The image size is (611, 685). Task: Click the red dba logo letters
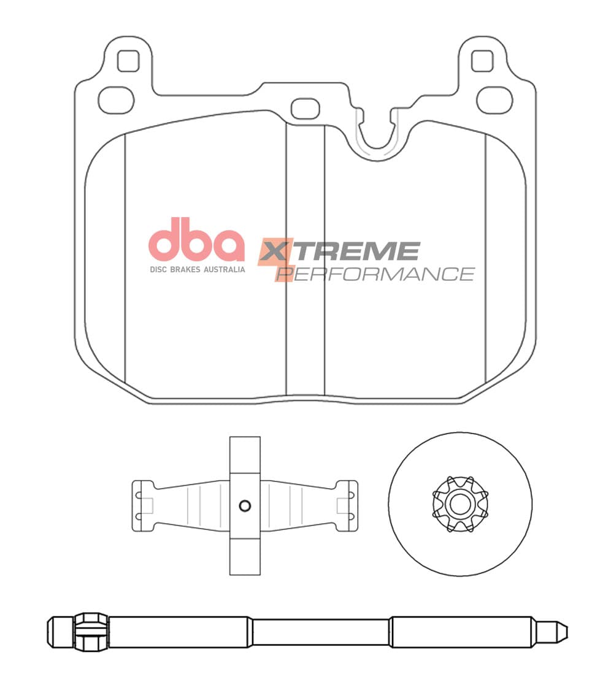[196, 240]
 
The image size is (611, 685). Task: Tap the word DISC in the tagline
[158, 270]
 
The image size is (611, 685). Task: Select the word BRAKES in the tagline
[185, 270]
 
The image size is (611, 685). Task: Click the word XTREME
[339, 251]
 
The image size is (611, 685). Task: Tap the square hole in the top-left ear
[128, 61]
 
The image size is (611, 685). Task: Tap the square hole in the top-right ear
[483, 61]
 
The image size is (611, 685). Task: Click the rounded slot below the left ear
[116, 100]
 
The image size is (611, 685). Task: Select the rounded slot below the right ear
[494, 100]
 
